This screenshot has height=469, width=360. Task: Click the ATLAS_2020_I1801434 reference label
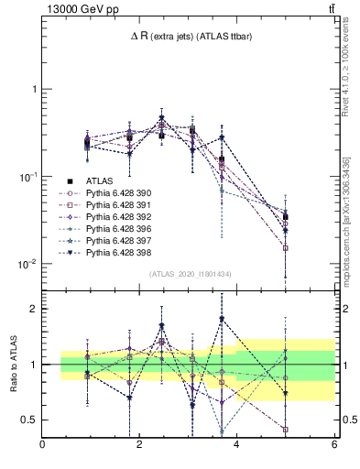[189, 275]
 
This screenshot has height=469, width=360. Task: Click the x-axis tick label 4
[236, 444]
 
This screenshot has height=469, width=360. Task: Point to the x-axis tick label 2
[139, 444]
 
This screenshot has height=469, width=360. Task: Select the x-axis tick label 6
[333, 444]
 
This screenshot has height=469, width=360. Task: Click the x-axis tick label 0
[43, 444]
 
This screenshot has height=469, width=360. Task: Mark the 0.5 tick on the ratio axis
[29, 420]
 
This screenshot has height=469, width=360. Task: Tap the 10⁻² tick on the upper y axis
[27, 264]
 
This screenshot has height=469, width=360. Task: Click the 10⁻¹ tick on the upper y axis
[27, 177]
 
